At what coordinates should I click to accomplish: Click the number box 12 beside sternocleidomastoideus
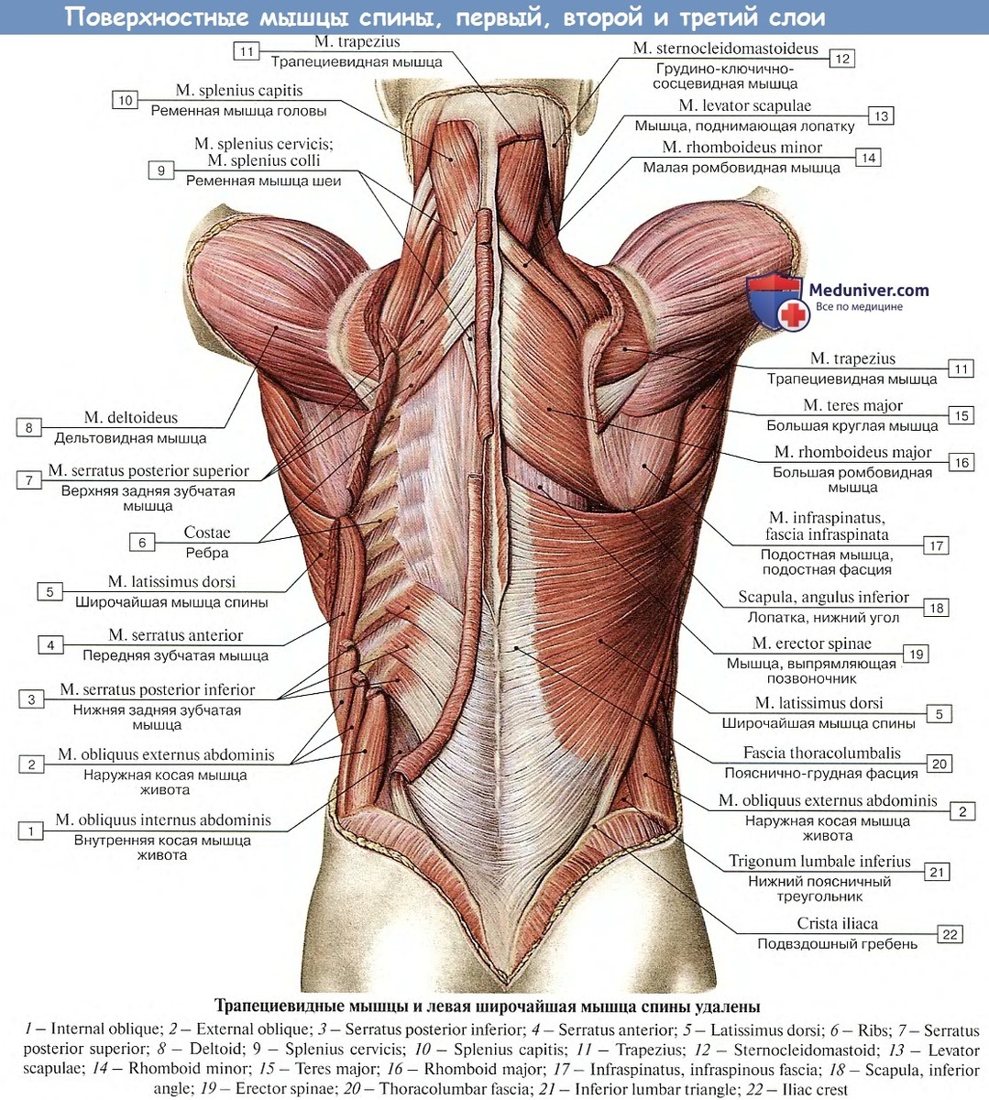click(x=841, y=59)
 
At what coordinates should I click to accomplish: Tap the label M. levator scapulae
click(x=744, y=105)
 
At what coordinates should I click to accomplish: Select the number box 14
click(x=868, y=158)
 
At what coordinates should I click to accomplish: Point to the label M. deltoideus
click(x=131, y=418)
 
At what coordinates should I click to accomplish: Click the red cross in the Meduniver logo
click(x=794, y=314)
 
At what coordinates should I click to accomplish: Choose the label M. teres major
click(x=852, y=405)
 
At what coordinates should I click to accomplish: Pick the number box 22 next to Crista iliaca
click(x=950, y=934)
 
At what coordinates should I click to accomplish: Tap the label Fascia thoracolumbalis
click(x=821, y=753)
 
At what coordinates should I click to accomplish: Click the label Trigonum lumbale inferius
click(x=819, y=862)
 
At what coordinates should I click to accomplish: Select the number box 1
click(x=31, y=830)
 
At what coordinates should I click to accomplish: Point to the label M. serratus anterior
click(x=176, y=635)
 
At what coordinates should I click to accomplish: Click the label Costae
click(x=207, y=533)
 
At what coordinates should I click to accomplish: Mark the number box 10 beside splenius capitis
click(x=126, y=100)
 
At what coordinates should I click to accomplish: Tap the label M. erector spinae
click(x=811, y=643)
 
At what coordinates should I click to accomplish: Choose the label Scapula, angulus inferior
click(x=823, y=597)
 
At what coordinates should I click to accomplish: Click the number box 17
click(x=936, y=545)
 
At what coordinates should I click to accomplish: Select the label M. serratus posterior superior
click(x=148, y=470)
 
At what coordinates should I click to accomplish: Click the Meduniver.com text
click(x=868, y=291)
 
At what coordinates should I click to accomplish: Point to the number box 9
click(x=161, y=170)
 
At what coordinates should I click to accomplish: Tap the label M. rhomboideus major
click(x=852, y=452)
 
